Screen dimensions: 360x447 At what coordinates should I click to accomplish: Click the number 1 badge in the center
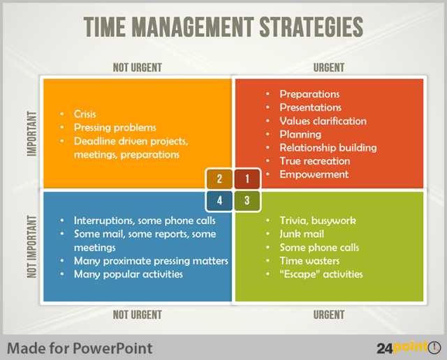pos(247,179)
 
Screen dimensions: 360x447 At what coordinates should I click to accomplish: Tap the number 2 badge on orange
pos(220,179)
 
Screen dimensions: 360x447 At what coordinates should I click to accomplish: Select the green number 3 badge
pos(247,201)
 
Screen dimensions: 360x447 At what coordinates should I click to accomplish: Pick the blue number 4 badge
pos(220,201)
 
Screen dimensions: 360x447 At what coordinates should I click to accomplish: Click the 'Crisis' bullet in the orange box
pos(85,114)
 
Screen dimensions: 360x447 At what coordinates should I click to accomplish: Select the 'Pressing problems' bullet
pos(115,128)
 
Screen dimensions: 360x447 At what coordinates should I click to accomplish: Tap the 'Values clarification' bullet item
pos(323,121)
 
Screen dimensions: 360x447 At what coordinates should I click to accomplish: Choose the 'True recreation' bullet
pos(314,161)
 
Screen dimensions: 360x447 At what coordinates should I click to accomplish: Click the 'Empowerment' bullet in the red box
pos(314,174)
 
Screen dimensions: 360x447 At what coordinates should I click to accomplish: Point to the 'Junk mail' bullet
pos(302,234)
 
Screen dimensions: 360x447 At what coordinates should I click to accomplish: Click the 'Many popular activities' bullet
pos(128,274)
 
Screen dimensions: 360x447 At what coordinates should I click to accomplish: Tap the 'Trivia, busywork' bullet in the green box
pos(317,220)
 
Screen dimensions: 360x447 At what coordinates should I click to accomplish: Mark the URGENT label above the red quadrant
pos(328,68)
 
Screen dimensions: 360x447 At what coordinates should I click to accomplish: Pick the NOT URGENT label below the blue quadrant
pos(137,315)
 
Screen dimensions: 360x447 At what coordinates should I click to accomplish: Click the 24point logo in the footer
pos(409,347)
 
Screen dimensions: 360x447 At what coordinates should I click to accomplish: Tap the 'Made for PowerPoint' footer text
pos(79,347)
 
